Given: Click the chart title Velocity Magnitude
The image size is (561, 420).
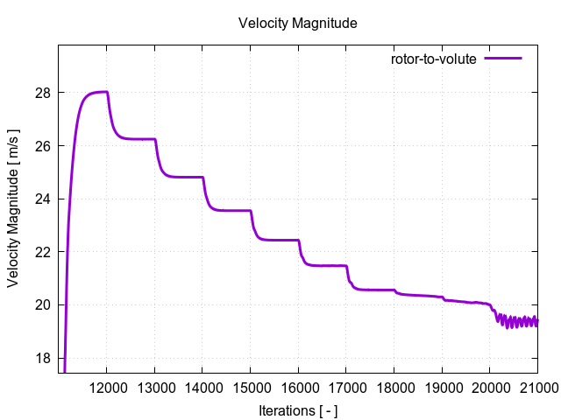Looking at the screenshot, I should click(x=298, y=24).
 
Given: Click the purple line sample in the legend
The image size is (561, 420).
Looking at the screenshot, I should click(x=503, y=59).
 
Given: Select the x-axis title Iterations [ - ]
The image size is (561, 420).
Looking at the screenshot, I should click(x=298, y=410).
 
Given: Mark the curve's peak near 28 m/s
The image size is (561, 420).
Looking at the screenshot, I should click(x=101, y=92).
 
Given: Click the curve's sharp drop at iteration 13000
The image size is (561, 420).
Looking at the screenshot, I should click(x=156, y=149).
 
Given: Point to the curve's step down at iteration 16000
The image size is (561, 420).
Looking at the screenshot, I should click(x=299, y=248).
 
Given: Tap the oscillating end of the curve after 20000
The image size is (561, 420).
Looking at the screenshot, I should click(x=517, y=322).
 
